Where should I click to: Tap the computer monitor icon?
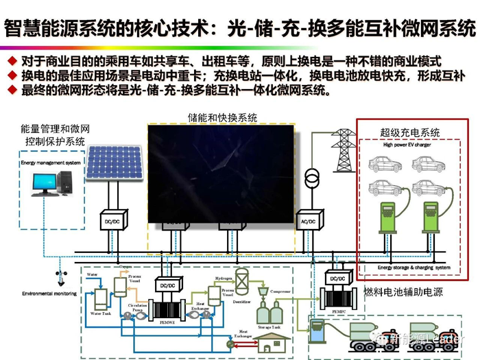46,183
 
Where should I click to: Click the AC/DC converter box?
308,221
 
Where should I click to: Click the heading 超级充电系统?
410,132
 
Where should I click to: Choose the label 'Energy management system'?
49,163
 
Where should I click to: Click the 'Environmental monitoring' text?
49,293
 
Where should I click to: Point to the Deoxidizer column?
241,283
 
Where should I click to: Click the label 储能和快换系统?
223,118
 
